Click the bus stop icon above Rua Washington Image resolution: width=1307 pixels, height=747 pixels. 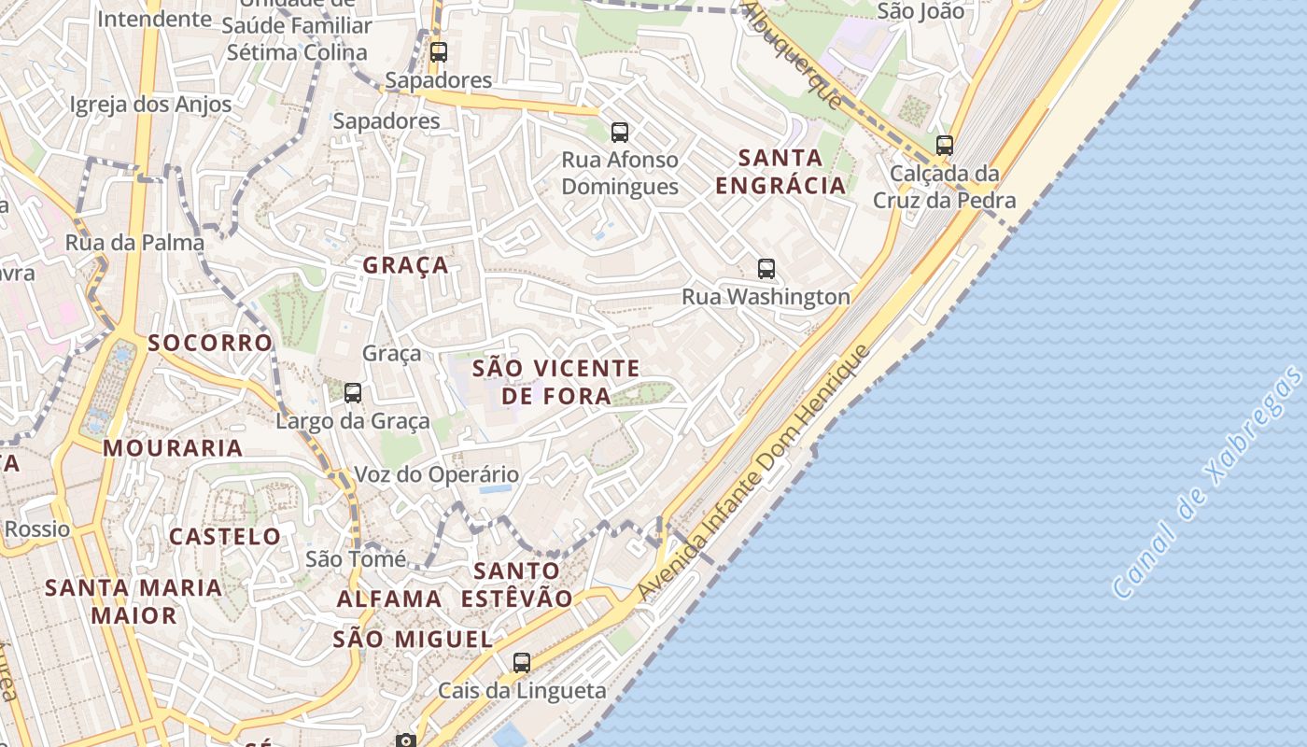[766, 269]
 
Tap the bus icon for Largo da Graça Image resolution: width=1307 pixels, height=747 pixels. [353, 393]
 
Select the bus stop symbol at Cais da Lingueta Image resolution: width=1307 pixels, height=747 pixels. [522, 663]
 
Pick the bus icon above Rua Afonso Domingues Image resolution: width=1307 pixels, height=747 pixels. [619, 133]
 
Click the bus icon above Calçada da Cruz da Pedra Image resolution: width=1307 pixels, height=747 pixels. [945, 146]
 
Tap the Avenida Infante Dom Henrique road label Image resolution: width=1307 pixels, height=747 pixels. [753, 474]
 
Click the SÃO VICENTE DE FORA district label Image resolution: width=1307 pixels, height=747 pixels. [556, 382]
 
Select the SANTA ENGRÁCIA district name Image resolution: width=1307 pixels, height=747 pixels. [780, 171]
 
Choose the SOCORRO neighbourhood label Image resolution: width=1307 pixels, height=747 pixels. [210, 343]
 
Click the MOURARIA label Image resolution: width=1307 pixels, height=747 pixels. [173, 448]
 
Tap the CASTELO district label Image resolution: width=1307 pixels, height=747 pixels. [225, 537]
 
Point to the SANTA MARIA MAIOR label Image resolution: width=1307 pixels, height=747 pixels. [134, 601]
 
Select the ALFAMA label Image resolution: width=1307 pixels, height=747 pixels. [389, 599]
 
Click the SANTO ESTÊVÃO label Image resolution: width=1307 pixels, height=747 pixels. [517, 585]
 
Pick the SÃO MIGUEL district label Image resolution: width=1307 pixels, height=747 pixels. [413, 640]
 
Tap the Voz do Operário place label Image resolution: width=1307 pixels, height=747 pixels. [436, 474]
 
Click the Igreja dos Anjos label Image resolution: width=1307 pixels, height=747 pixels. [150, 104]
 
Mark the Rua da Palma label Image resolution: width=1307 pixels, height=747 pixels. [134, 243]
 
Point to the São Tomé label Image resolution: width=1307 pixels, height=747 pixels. [356, 559]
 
